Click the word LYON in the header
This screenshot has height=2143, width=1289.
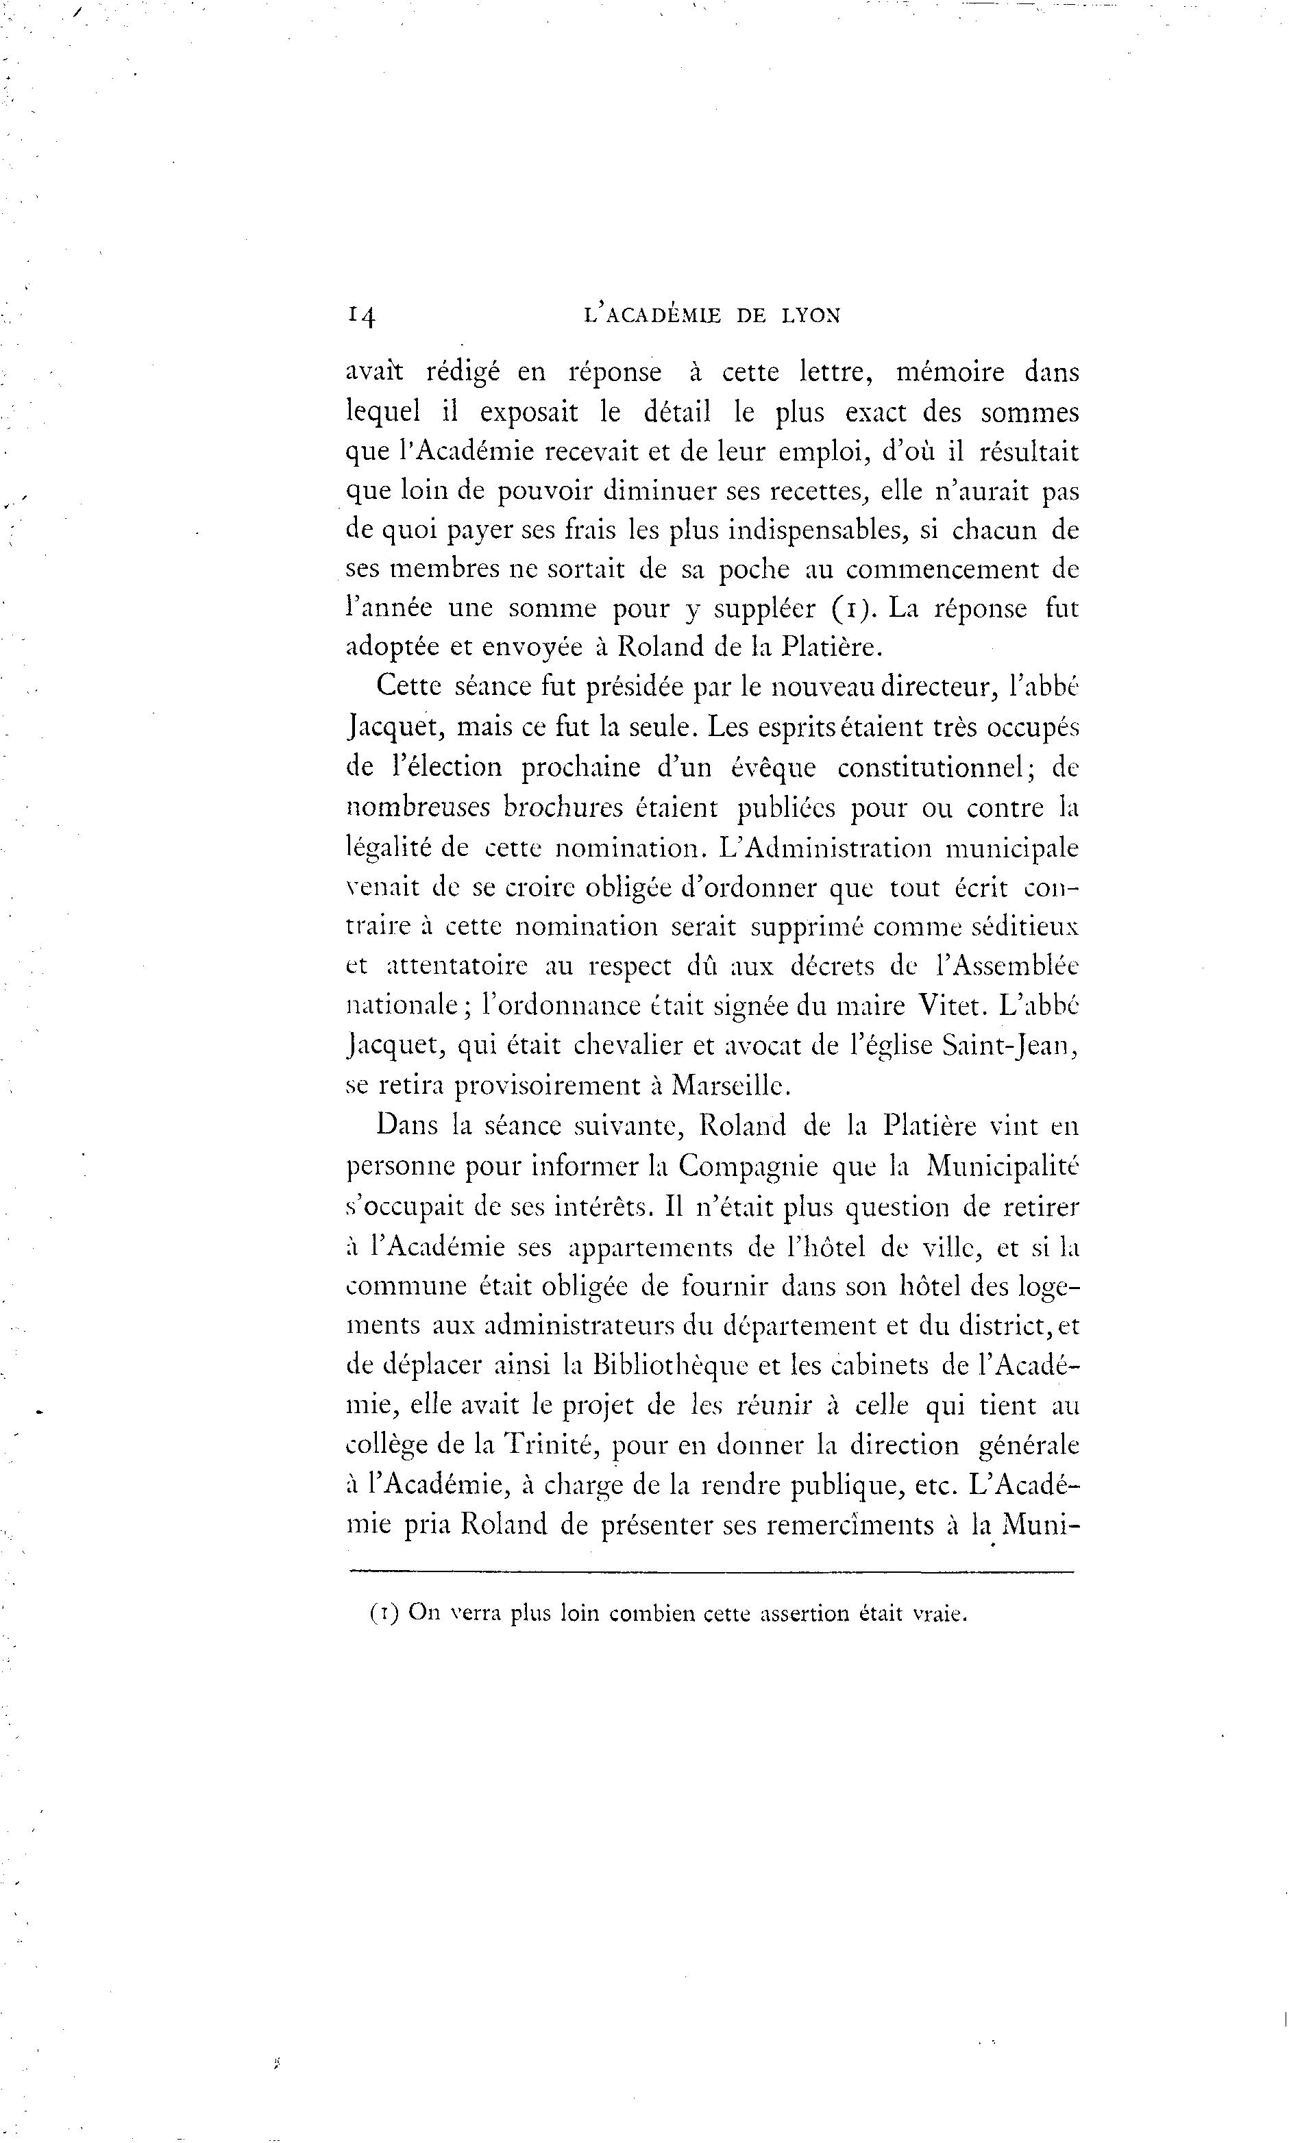[811, 315]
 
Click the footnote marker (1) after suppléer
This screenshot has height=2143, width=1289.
[848, 608]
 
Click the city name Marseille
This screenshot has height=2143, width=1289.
[720, 1086]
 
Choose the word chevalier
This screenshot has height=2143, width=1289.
[642, 1046]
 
